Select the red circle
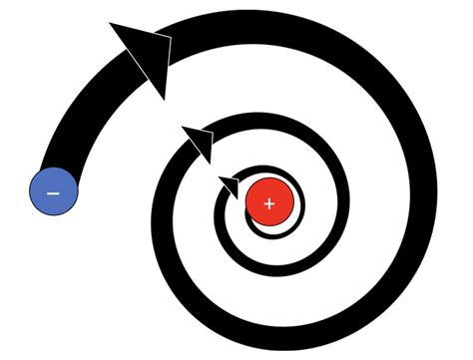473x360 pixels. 268,203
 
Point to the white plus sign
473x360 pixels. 268,203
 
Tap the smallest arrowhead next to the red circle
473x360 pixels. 230,184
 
